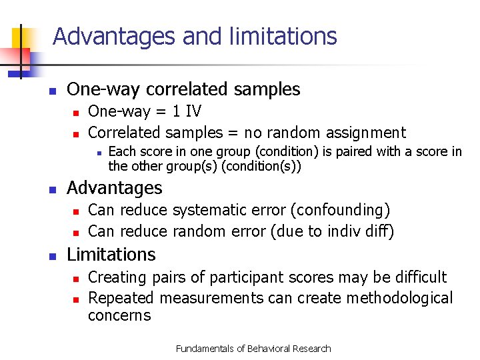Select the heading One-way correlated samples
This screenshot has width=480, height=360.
pyautogui.click(x=184, y=89)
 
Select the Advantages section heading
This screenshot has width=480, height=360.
pyautogui.click(x=115, y=189)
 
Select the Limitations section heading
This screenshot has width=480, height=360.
pyautogui.click(x=111, y=255)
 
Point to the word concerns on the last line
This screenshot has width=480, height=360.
pyautogui.click(x=119, y=315)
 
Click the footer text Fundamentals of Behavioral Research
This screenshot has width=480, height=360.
pyautogui.click(x=253, y=349)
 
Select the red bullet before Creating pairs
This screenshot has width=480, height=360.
pyautogui.click(x=76, y=278)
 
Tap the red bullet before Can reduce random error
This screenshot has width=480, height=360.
pyautogui.click(x=76, y=233)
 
